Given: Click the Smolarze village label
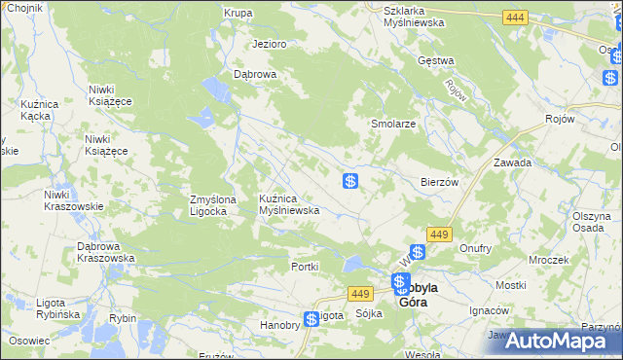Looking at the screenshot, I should (393, 125).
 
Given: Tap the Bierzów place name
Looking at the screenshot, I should (439, 182).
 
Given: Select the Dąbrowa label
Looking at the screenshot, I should (256, 74).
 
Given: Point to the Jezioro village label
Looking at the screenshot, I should (269, 44).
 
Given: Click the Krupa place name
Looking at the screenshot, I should (238, 13).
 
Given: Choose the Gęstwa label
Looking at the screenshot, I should (435, 60).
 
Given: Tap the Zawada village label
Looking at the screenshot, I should (512, 162).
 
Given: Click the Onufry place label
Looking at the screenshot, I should (475, 248).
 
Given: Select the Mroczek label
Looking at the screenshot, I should (548, 261).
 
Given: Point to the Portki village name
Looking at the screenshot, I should (306, 267).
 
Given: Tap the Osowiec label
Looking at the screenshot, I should (29, 341).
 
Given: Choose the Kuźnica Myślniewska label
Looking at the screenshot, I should (289, 204).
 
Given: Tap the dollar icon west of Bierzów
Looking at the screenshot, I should (350, 181).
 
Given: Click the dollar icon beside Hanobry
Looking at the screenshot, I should (311, 318).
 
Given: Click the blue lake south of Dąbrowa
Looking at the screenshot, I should (216, 91).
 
